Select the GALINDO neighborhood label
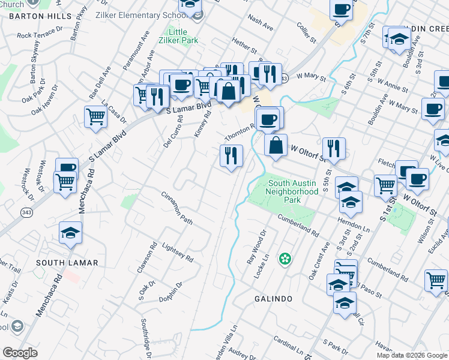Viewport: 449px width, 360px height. pos(273,299)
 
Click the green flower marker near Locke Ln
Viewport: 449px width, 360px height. pos(285,259)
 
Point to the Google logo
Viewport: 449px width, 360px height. pos(20,353)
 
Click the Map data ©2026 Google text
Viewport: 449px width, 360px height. pos(411,355)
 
